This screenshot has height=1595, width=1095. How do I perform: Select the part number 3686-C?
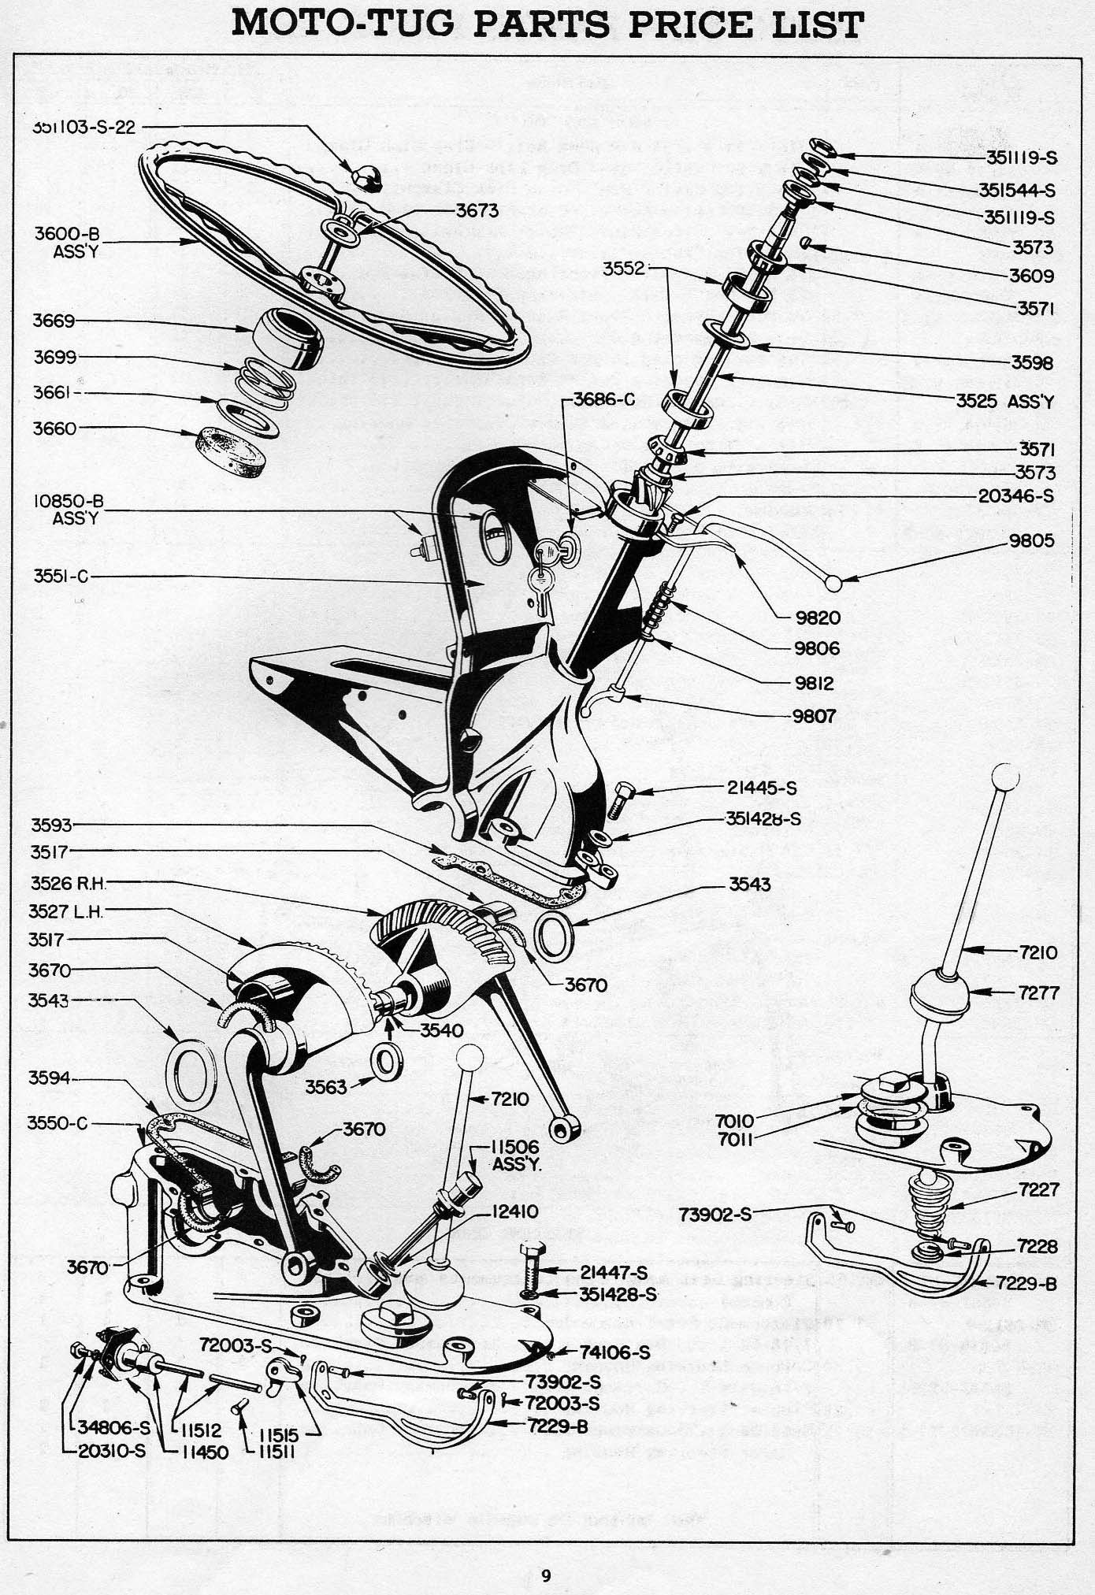tap(603, 399)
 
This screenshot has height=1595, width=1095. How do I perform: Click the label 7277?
tap(1037, 992)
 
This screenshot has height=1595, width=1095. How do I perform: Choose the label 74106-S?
tap(615, 1353)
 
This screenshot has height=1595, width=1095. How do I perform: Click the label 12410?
tap(515, 1212)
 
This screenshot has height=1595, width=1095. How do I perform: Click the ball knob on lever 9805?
tap(833, 582)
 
